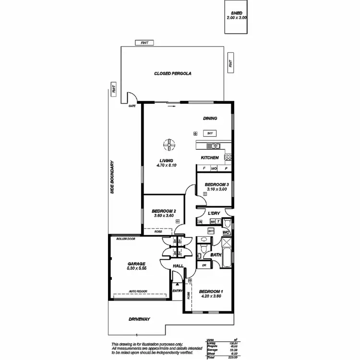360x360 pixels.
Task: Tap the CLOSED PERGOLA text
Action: [173, 73]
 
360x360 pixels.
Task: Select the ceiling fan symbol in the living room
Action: [169, 144]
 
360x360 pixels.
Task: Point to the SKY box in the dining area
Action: [209, 133]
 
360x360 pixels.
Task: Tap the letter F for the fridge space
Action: [204, 168]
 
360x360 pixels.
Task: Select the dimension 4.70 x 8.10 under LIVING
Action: [167, 166]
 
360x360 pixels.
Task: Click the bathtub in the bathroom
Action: [227, 248]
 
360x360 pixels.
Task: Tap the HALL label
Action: [179, 265]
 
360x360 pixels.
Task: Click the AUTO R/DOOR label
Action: [138, 291]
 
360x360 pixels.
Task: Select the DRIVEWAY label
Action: [140, 319]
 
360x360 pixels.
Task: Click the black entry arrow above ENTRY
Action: [177, 285]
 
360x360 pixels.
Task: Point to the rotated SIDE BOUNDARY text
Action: [112, 177]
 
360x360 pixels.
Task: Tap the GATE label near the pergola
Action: [132, 106]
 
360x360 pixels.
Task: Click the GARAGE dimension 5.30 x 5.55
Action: [136, 268]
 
